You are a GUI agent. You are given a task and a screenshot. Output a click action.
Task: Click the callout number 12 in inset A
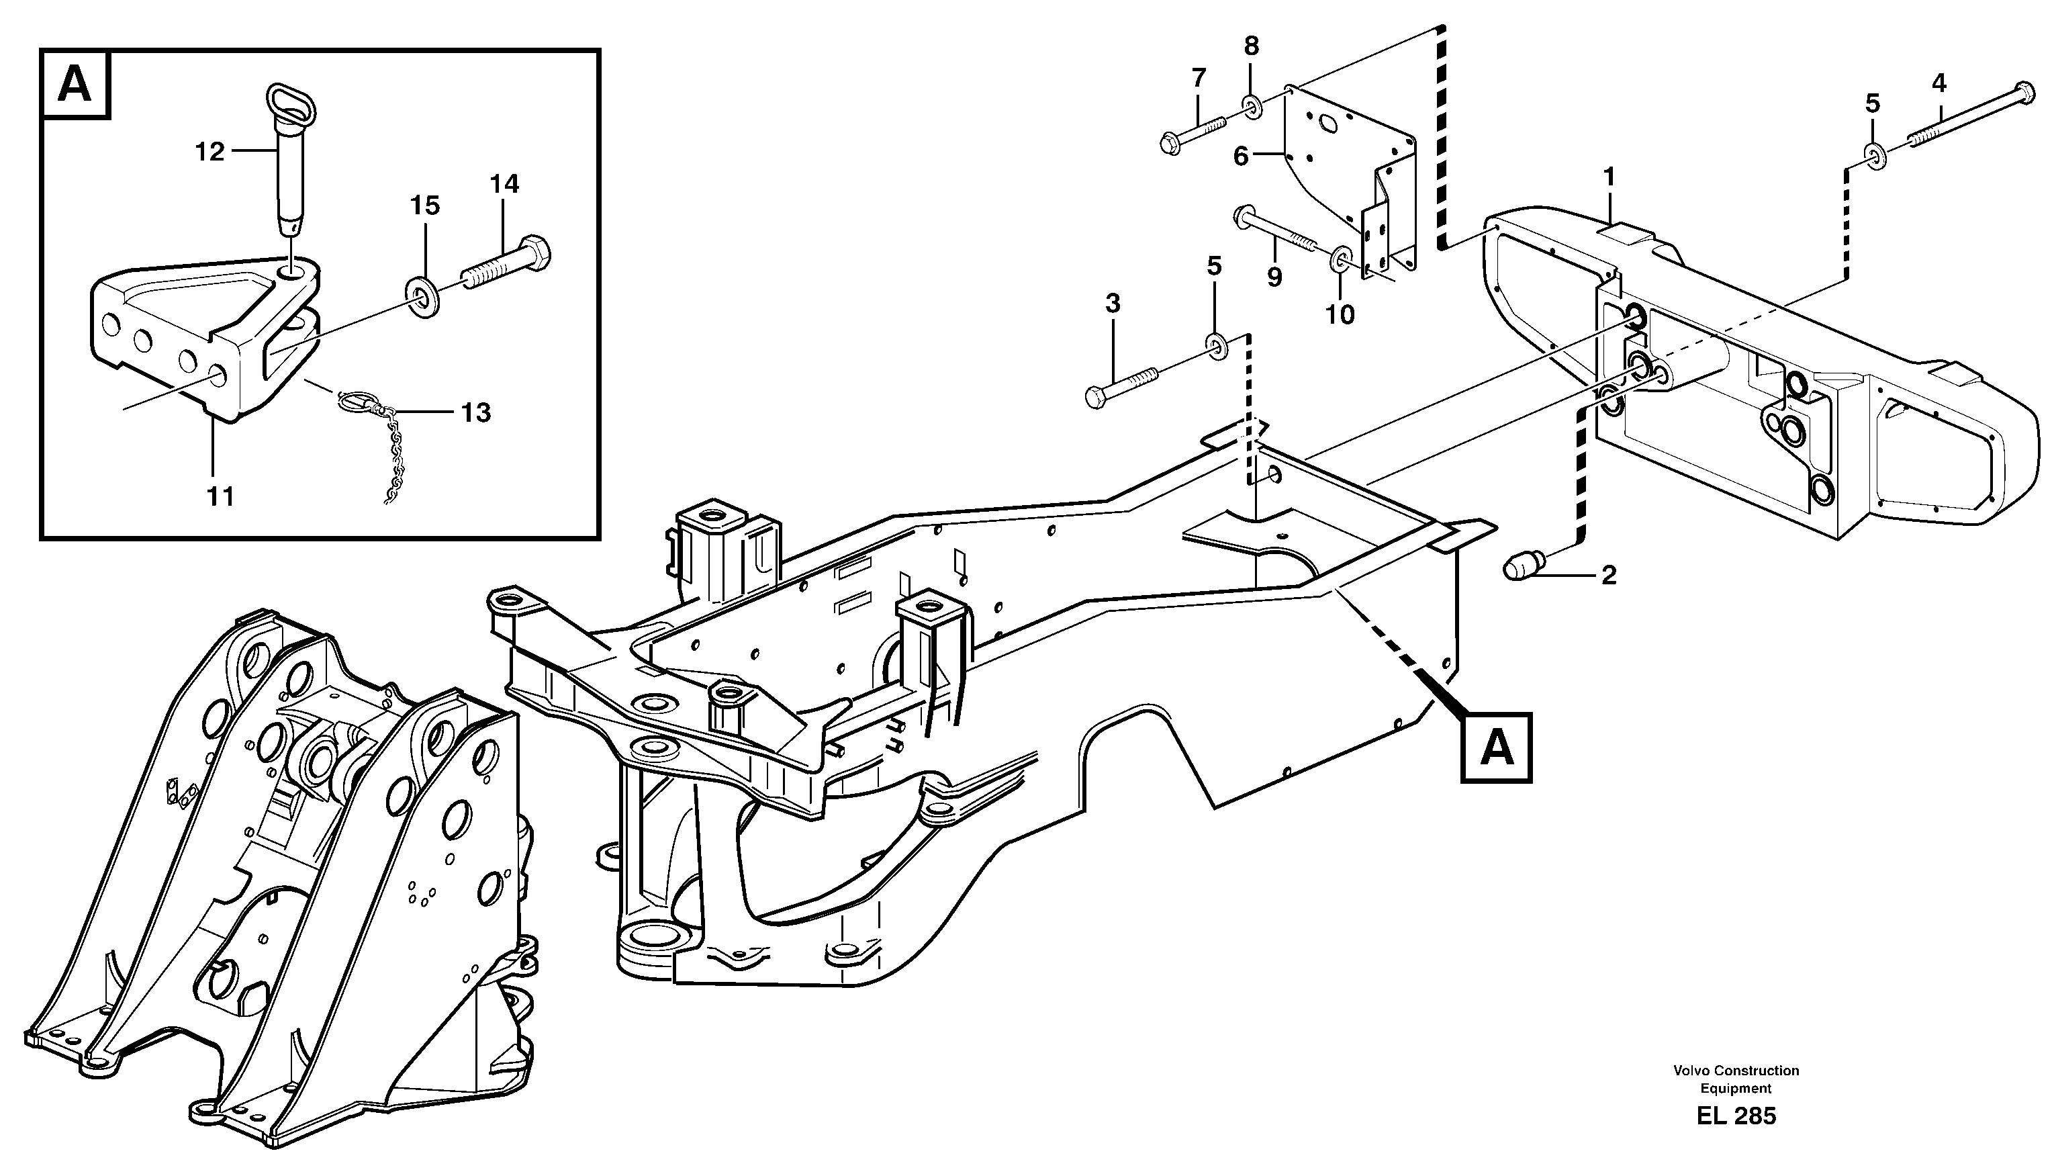point(209,151)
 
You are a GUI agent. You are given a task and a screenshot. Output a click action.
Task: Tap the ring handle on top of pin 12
point(293,98)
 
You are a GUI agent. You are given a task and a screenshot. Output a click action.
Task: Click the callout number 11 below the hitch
point(220,497)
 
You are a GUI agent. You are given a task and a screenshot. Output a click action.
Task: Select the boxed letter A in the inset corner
point(75,85)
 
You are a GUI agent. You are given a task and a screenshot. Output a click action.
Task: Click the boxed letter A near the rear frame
point(1496,748)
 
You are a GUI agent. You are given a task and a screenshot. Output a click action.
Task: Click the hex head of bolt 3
point(1096,398)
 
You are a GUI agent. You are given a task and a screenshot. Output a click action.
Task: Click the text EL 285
point(1736,1116)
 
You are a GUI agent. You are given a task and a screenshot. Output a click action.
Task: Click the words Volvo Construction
point(1736,1071)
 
